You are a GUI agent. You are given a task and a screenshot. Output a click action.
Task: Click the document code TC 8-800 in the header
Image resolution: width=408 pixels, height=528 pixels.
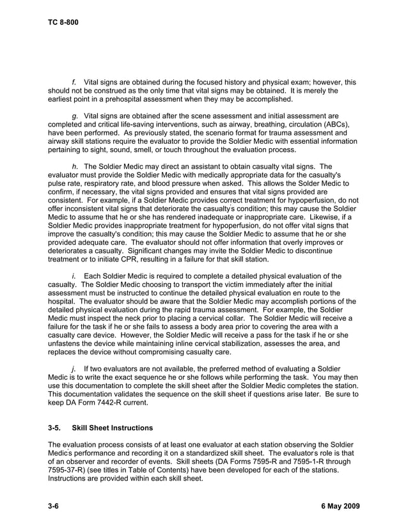click(63, 22)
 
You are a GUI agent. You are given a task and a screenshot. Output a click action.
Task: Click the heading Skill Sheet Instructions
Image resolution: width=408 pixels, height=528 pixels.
click(113, 428)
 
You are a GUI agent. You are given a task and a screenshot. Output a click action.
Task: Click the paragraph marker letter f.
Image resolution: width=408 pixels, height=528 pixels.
click(74, 82)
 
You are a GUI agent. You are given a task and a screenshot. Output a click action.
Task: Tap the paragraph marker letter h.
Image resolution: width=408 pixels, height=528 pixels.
click(74, 166)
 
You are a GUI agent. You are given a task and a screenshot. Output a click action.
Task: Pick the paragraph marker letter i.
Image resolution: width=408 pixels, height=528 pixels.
click(74, 276)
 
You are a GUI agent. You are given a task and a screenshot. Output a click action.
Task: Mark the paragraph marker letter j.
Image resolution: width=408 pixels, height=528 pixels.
click(74, 369)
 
